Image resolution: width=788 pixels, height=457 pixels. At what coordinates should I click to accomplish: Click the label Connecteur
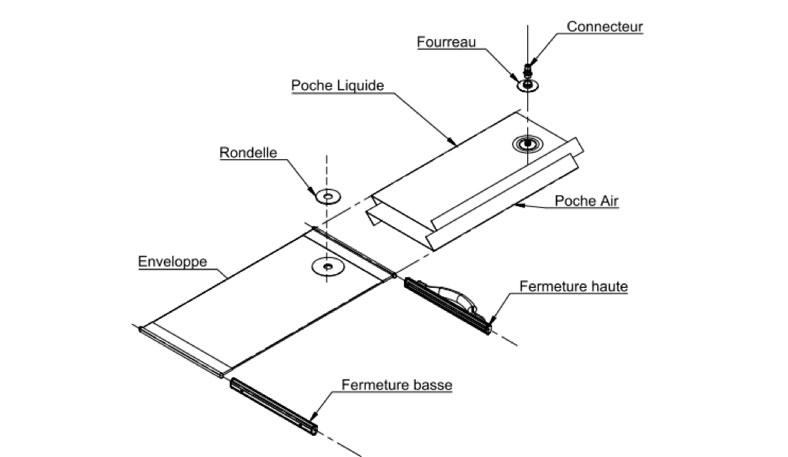pos(604,27)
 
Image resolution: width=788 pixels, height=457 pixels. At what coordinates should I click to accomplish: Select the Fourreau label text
pos(447,42)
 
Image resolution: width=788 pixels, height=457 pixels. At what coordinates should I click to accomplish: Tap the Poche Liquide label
pos(337,86)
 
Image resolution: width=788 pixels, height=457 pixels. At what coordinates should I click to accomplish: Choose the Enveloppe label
pos(172,262)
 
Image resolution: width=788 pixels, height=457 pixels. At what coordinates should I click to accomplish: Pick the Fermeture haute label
pos(573,287)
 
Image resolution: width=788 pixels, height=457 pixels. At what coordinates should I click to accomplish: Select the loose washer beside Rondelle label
pos(326,195)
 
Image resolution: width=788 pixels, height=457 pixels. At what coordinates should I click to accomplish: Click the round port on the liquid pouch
pos(526,145)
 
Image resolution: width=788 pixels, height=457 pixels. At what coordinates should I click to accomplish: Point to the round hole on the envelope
pos(326,267)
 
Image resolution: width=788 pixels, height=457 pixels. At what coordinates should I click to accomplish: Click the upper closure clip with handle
pos(448,301)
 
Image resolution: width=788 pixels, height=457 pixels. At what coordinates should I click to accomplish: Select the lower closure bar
pos(273,405)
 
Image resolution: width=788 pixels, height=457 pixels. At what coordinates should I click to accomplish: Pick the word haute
pos(608,287)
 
